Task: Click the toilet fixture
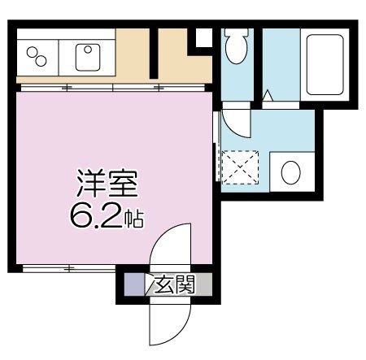(x=237, y=46)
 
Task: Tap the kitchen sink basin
(x=87, y=55)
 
